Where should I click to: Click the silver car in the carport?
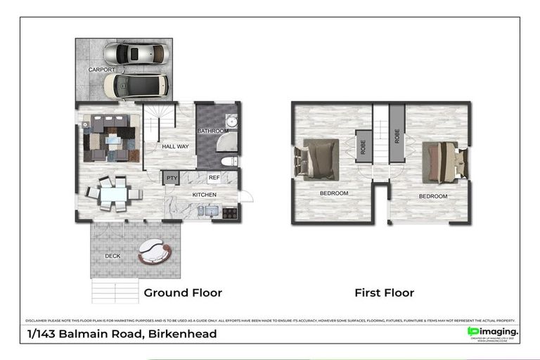136,54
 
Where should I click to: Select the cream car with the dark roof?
136,86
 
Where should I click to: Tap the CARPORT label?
101,70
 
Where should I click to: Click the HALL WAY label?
175,146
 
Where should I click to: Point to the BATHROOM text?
212,131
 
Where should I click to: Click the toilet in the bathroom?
229,161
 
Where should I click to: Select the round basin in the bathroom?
232,122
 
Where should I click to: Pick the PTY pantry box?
172,179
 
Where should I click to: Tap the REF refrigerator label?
214,179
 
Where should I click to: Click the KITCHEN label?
204,195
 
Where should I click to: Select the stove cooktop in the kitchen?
230,211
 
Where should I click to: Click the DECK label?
112,255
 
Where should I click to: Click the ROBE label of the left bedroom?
364,146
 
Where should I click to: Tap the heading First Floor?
384,292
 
